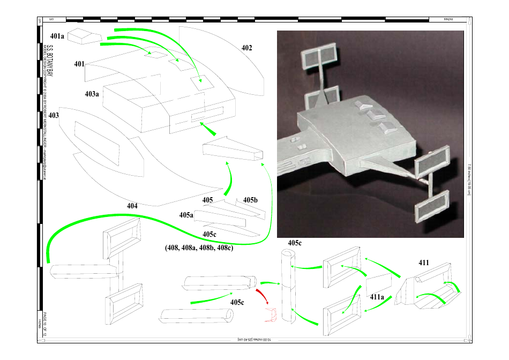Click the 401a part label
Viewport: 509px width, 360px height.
57,36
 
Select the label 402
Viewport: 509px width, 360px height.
246,48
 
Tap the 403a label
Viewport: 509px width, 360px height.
92,94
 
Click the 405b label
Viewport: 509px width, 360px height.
250,200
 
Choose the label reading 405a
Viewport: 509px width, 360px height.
186,215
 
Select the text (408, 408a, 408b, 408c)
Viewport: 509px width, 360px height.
199,248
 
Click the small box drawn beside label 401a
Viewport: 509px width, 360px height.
84,35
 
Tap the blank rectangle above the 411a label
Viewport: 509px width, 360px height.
380,281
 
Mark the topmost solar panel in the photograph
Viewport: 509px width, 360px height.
319,56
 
